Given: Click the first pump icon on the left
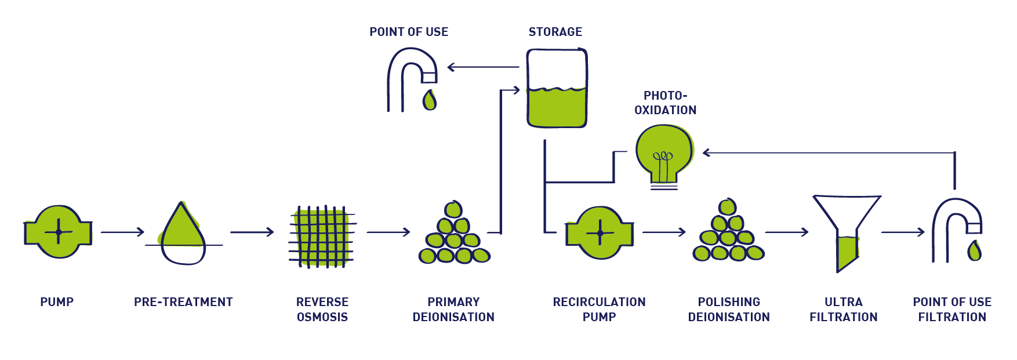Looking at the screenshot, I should pos(58,232).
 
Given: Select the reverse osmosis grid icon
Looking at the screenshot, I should pos(322,236).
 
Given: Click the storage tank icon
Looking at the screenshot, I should pos(557,88).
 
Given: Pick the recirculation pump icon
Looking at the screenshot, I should pos(600,232).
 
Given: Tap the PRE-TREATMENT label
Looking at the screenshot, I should pos(183,302).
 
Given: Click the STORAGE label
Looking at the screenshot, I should pos(555,32).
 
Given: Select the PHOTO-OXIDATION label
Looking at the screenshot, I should pos(665,103).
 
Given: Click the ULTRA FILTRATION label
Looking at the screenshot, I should pos(843,310).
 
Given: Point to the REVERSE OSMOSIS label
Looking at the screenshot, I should pos(322,310).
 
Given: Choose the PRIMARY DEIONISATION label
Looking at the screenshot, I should pos(453,310).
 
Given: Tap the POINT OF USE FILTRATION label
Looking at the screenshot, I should pos(952,310).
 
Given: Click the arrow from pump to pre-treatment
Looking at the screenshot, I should pos(122,232).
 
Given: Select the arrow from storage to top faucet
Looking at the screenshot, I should pos(483,67).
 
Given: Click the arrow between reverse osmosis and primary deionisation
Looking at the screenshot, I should pos(388,232).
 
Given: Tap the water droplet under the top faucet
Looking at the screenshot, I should pos(430,100).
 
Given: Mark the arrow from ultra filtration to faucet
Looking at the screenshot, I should pos(903,232).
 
